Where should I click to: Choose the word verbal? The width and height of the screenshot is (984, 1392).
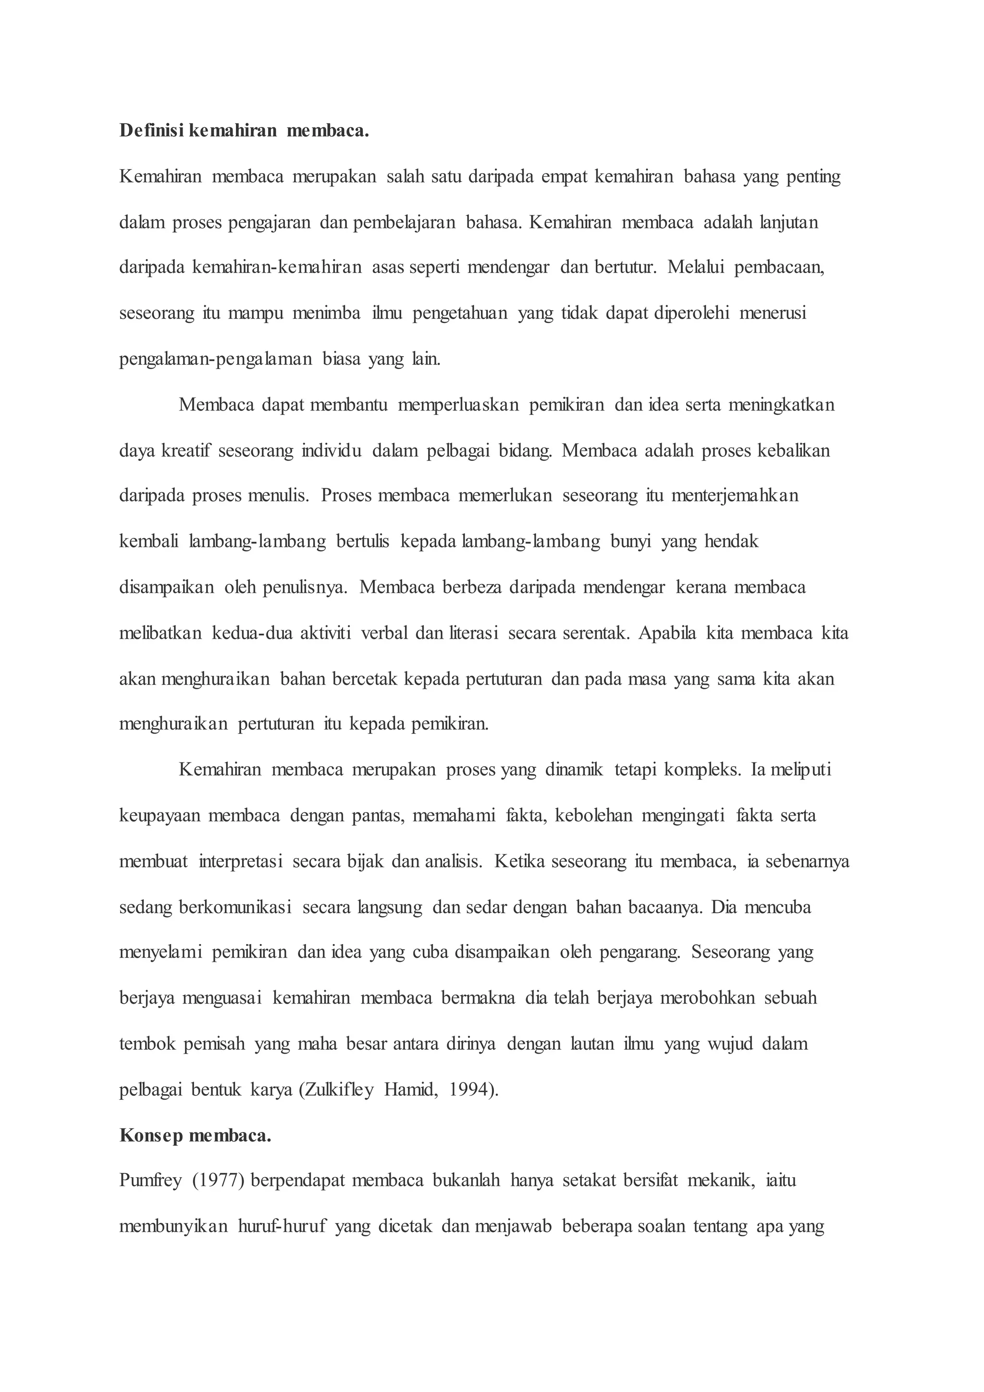(x=385, y=633)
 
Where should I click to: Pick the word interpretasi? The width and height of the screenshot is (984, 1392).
(x=241, y=861)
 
